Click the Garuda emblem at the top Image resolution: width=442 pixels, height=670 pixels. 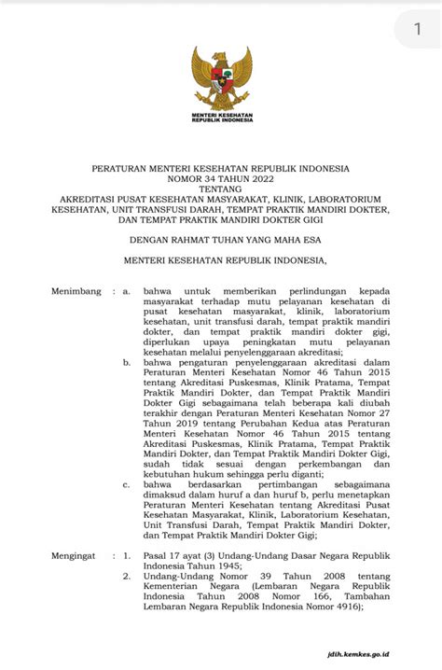221,78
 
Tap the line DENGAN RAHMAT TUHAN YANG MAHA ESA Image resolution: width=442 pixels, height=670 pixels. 221,240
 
